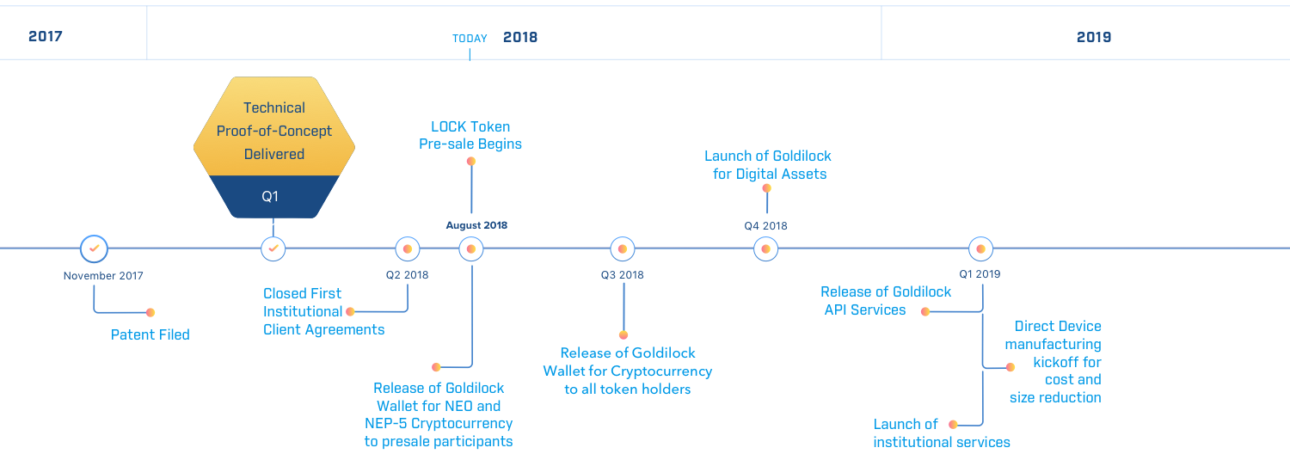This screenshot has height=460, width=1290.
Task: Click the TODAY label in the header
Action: click(470, 38)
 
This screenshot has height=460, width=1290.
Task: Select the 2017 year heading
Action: click(45, 36)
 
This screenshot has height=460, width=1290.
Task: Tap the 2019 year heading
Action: click(1093, 37)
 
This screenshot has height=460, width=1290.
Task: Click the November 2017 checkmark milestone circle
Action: click(94, 248)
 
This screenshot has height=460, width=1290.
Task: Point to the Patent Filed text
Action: click(150, 334)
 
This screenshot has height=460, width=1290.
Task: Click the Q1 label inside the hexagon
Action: click(271, 196)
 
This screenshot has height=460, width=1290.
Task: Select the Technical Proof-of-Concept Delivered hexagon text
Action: click(273, 131)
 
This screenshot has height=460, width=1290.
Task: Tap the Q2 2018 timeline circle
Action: click(408, 249)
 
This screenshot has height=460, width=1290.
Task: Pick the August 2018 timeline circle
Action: click(470, 249)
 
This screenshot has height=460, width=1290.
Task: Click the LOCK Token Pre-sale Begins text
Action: click(470, 135)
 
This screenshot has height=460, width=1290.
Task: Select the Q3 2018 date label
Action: click(622, 275)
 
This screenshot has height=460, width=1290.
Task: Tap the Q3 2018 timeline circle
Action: click(623, 249)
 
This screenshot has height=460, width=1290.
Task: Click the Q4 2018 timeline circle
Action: click(765, 249)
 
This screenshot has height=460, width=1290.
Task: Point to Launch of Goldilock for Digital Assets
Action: click(768, 164)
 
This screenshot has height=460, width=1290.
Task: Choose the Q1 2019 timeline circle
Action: click(980, 249)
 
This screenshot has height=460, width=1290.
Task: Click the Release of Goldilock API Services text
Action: click(886, 301)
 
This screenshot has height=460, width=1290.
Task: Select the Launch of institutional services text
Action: click(941, 433)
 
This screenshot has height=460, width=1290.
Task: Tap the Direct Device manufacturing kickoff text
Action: click(1058, 361)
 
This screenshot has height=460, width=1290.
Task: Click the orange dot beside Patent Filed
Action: click(150, 312)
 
